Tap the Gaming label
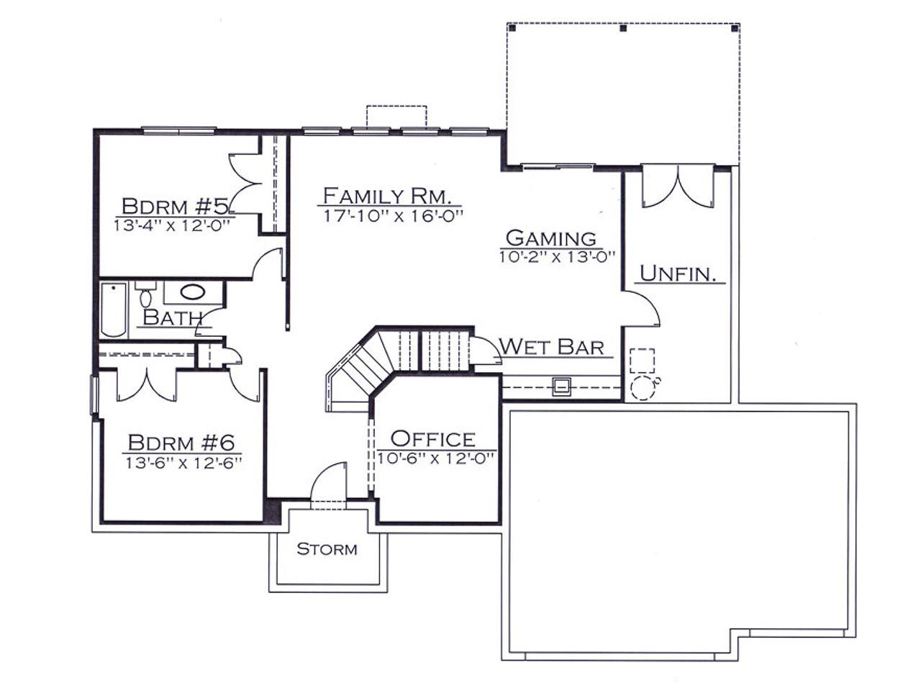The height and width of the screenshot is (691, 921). [x=551, y=238]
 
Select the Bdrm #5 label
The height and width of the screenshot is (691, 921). [x=176, y=206]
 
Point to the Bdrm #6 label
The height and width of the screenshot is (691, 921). [x=181, y=442]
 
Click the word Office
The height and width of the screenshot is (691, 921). [x=433, y=439]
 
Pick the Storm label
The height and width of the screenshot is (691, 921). [x=327, y=548]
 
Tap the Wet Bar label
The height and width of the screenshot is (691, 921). [x=552, y=347]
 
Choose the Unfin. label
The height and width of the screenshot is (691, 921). [x=678, y=274]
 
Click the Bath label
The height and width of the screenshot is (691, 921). [x=173, y=317]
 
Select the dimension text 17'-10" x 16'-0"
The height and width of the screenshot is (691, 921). [x=393, y=216]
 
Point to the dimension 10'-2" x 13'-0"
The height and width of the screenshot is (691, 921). [x=557, y=256]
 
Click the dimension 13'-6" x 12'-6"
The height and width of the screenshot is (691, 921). [x=183, y=463]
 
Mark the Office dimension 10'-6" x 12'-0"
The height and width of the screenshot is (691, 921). [x=435, y=459]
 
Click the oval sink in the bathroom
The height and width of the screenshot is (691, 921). [x=193, y=292]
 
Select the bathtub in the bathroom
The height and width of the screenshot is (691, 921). [x=114, y=310]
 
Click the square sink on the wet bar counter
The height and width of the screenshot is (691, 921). [x=561, y=386]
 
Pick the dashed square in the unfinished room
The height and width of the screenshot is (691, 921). [x=642, y=361]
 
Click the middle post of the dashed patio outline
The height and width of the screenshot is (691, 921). [x=623, y=29]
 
